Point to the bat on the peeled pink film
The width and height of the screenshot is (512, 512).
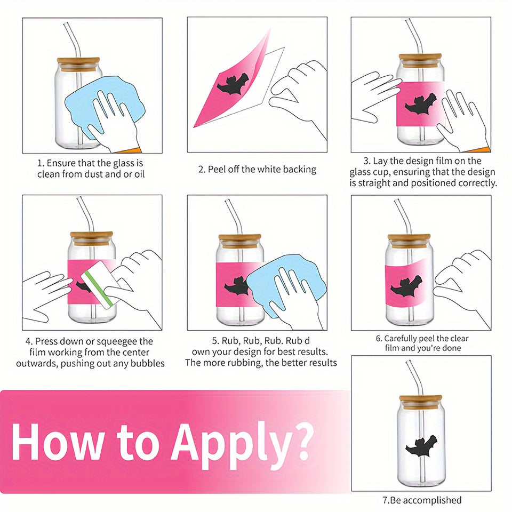pyautogui.click(x=233, y=84)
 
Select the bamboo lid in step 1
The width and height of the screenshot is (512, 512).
pyautogui.click(x=78, y=65)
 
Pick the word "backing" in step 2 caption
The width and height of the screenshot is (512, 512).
pyautogui.click(x=300, y=170)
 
